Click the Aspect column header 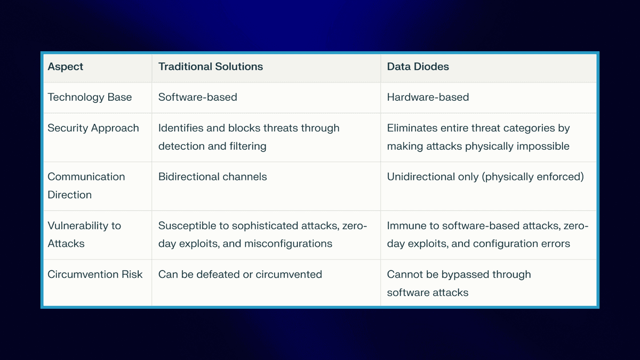pos(66,67)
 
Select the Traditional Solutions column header pos(211,67)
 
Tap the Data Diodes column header pos(418,67)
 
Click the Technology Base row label pos(90,97)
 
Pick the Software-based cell pos(198,97)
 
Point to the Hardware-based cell pos(428,97)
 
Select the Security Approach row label pos(93,128)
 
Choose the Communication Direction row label pos(86,186)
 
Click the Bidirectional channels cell pos(213,177)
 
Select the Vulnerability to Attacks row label pos(84,234)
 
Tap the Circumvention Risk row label pos(95,274)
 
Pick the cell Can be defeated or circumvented pos(240,274)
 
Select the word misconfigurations pos(288,244)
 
